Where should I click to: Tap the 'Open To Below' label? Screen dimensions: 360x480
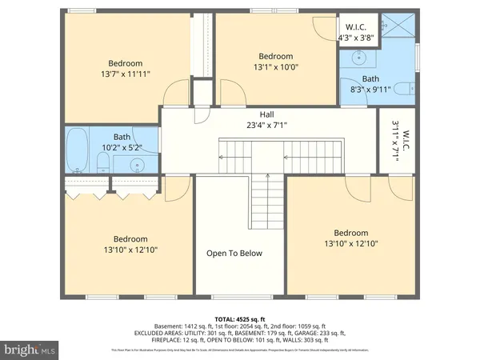click(x=234, y=254)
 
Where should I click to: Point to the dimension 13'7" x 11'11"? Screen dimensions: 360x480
click(x=126, y=74)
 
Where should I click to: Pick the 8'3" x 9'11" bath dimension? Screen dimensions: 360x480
click(x=370, y=90)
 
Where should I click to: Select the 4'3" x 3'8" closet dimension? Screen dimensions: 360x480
click(x=355, y=37)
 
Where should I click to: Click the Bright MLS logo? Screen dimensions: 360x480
click(x=31, y=350)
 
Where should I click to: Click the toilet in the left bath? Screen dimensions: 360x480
click(x=102, y=164)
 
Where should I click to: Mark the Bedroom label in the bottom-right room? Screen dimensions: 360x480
click(x=350, y=233)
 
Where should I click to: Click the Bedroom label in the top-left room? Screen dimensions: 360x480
click(x=126, y=63)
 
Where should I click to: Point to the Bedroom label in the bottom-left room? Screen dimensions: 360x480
click(x=130, y=239)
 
